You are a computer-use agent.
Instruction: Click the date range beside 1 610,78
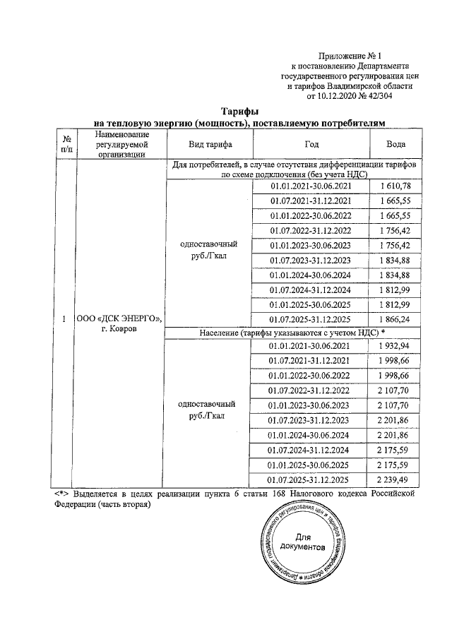[311, 185]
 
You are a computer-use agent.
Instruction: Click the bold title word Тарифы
[240, 112]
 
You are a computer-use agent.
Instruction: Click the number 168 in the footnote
[276, 493]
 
